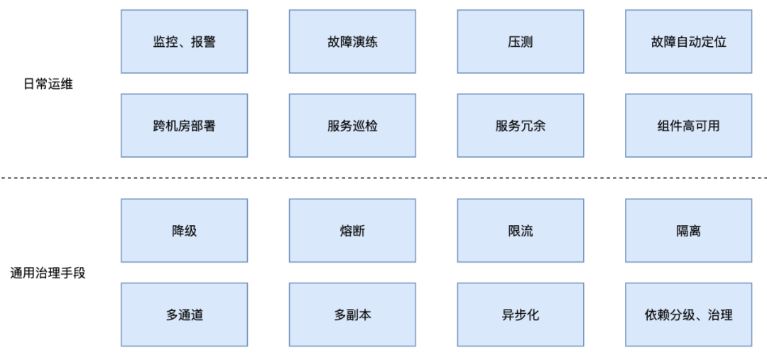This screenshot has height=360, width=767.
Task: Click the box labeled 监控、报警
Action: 184,42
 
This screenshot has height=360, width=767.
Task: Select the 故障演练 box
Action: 352,42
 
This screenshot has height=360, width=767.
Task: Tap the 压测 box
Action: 521,42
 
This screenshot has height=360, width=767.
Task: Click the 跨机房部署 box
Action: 184,126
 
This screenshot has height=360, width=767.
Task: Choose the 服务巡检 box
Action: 352,126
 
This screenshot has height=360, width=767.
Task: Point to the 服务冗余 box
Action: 521,126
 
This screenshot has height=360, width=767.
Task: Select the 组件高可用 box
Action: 688,126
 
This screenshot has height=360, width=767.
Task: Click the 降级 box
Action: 184,231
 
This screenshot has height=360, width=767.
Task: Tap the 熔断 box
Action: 352,231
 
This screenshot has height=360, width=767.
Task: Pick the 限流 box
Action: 521,231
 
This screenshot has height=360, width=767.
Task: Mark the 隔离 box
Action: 688,231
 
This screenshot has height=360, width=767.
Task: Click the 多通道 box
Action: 184,315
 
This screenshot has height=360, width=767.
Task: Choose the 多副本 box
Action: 352,315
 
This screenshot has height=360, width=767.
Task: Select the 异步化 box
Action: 521,315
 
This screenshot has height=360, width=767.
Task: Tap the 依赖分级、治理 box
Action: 688,315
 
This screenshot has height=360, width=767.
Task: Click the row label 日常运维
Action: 48,84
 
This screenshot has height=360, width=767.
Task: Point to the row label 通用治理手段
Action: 48,273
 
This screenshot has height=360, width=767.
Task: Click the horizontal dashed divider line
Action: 383,178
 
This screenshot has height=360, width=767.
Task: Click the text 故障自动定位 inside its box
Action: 688,42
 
